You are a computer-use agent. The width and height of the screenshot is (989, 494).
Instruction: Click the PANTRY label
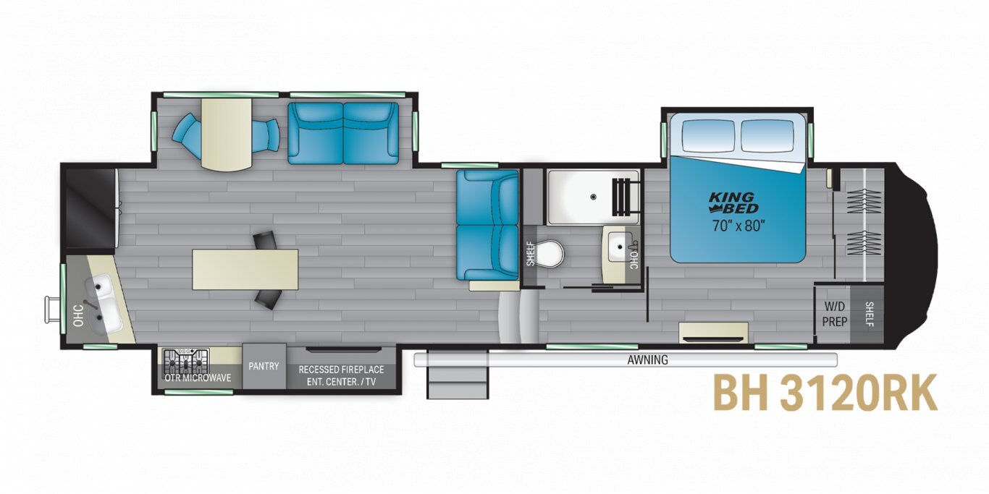point(264,366)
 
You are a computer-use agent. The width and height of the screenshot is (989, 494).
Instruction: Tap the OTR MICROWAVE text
point(198,378)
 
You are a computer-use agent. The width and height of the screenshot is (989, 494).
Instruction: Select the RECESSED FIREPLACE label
point(341,370)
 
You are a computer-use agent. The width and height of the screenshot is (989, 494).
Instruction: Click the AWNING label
point(648,360)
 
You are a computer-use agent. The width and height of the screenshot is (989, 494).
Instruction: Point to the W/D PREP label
point(835,314)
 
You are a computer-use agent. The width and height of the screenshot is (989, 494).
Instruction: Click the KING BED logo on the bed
point(734,203)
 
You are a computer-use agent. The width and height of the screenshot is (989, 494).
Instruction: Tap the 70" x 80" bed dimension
point(738,226)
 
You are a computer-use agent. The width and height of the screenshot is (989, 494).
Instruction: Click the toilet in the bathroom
point(550,254)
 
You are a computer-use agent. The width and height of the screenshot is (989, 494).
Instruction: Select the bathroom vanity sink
point(620,247)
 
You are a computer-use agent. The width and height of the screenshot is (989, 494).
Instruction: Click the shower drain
point(594,196)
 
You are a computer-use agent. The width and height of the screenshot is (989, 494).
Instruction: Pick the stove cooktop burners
point(186,362)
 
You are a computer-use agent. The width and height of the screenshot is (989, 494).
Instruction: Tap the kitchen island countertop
point(245,270)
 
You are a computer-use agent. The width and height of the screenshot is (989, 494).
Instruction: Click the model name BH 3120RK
point(825,393)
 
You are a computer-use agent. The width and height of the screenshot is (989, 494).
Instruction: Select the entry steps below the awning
point(458,374)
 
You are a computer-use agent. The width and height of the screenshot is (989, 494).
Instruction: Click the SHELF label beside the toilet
point(530,254)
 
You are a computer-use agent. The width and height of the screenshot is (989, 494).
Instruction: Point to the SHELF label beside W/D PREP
point(869,314)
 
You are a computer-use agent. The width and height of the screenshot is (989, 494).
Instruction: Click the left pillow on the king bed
point(708,135)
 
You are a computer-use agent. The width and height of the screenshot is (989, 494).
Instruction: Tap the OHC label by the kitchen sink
point(79,316)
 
